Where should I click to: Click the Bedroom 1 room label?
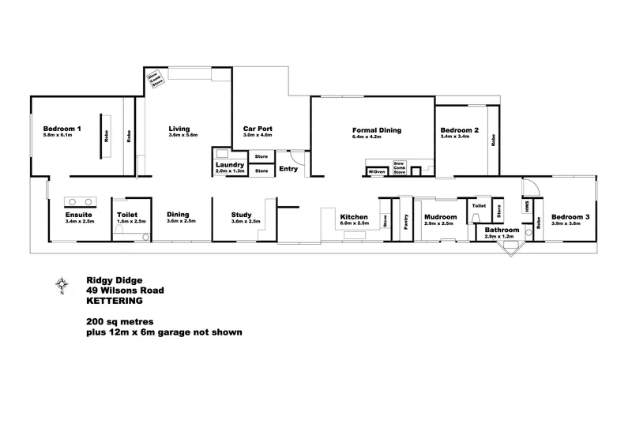(62, 129)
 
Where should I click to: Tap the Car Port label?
(258, 129)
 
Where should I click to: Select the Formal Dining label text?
(377, 129)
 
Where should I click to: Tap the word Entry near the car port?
(288, 168)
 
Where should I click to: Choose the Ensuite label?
(80, 215)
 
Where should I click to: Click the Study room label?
(242, 215)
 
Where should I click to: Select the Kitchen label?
(354, 217)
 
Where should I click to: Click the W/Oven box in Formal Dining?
(376, 171)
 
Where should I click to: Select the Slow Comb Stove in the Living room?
(156, 79)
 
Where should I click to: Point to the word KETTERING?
(115, 301)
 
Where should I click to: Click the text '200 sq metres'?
(121, 322)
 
